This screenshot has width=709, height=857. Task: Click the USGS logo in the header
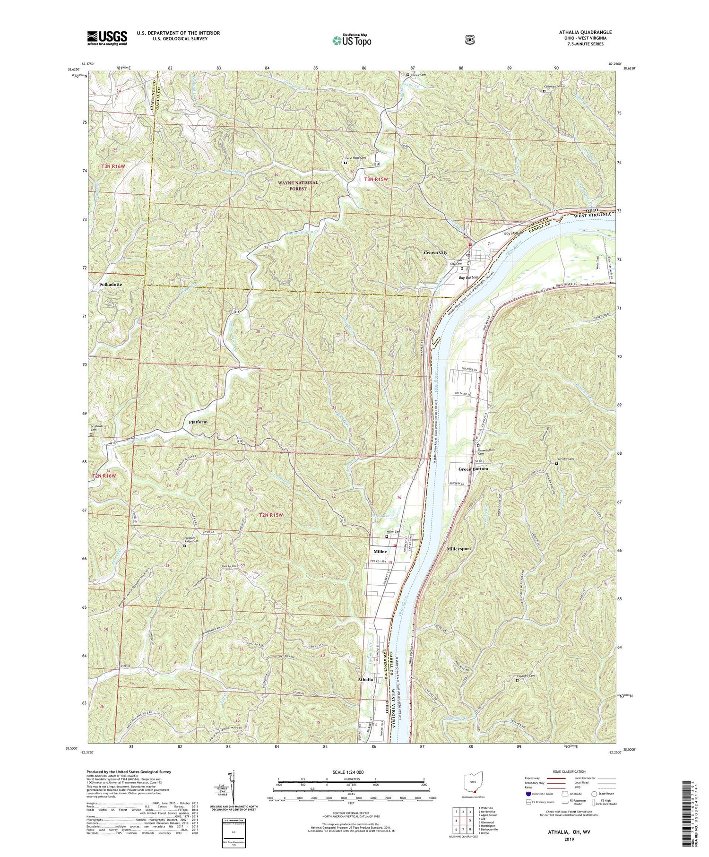(x=107, y=38)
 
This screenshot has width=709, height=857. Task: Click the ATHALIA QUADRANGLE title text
(x=585, y=33)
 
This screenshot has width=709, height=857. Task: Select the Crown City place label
(x=435, y=252)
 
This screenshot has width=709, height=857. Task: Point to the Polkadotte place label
(x=111, y=285)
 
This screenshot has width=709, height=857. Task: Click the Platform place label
(x=198, y=422)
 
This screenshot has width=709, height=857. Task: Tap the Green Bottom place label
(x=473, y=469)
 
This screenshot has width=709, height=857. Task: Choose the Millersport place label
(x=458, y=549)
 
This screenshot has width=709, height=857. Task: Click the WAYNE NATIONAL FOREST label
(x=298, y=185)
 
